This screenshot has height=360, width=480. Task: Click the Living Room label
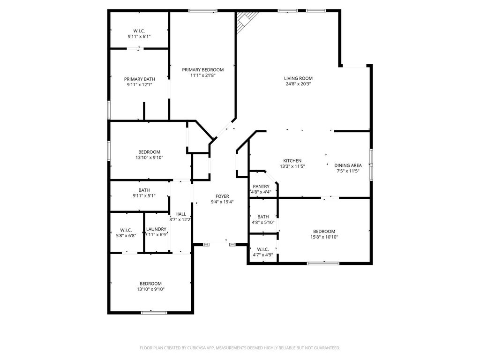pos(298,78)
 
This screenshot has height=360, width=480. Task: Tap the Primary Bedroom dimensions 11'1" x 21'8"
pos(202,75)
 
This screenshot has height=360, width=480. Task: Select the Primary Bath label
pos(139,79)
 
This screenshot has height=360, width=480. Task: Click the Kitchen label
pos(292,161)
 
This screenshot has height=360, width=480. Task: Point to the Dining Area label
pos(348,165)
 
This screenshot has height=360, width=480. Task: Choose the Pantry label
pos(261,187)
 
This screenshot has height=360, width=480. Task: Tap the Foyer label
pos(222,196)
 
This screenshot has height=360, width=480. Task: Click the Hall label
pos(180,214)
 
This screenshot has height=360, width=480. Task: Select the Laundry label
pos(156,229)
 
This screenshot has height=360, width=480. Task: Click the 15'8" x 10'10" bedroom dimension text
pos(324,237)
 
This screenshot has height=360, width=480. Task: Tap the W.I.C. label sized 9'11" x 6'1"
pos(139,31)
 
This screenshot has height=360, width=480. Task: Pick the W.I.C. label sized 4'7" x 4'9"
pos(262,249)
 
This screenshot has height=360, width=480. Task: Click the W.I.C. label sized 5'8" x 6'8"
pos(126,230)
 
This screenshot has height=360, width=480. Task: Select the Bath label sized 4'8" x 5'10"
pos(263,217)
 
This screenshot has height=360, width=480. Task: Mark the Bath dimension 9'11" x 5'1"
pos(144,196)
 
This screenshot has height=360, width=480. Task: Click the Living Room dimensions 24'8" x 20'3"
pos(298,84)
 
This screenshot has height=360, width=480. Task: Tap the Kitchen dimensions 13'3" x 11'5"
pos(292,166)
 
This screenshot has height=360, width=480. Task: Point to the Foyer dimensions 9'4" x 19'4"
pos(222,202)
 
